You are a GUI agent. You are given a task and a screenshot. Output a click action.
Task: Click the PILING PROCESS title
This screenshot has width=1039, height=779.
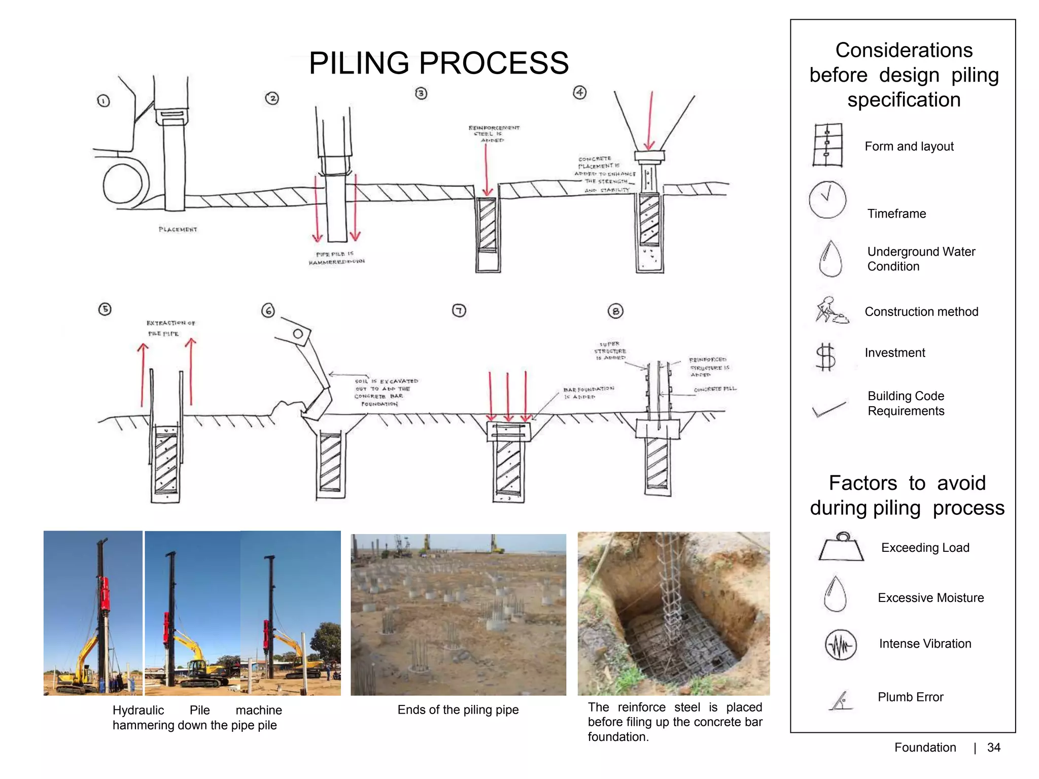438,63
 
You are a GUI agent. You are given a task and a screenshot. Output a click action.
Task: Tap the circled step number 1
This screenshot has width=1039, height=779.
103,101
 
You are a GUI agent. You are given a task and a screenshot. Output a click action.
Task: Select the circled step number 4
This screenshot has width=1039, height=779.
579,92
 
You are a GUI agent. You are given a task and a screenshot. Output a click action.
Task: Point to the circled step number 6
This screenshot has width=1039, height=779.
268,310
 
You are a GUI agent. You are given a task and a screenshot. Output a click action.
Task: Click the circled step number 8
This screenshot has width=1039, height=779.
615,311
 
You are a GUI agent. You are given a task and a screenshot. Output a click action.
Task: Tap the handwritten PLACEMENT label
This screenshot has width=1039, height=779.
178,229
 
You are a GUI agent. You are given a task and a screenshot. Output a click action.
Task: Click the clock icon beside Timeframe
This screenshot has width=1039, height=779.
827,199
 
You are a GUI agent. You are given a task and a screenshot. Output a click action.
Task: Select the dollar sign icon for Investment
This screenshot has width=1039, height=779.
825,357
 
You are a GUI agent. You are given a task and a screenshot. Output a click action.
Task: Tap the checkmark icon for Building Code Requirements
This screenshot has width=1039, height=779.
828,409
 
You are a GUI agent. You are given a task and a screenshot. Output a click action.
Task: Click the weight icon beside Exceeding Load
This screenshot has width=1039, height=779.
841,548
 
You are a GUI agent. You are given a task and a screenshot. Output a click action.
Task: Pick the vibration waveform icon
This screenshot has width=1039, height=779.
840,645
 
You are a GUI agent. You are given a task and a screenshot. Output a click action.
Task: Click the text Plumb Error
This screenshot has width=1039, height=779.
910,697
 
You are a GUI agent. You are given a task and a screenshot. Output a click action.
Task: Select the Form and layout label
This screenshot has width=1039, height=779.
909,147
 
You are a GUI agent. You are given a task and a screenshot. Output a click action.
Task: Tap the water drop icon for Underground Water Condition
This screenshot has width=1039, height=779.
830,259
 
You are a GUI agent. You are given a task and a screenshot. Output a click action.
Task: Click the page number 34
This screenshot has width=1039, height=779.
993,748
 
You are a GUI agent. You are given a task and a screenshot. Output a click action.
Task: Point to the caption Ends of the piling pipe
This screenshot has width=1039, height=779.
458,710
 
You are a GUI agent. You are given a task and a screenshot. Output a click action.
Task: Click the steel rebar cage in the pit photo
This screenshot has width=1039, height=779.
672,598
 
